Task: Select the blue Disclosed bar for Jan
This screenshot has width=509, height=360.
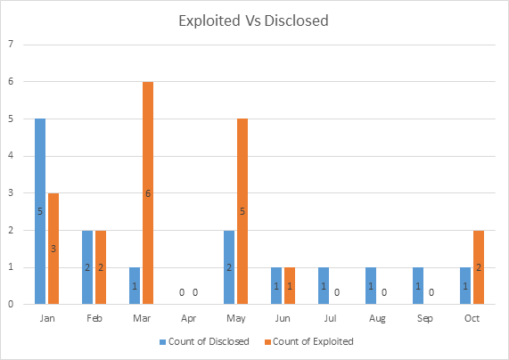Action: coord(40,211)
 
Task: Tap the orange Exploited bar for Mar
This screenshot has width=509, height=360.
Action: coord(147,192)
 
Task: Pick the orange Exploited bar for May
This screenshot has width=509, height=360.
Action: coord(242,211)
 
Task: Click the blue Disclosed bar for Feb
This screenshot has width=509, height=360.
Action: coord(87,266)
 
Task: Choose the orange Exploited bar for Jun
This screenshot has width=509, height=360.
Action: coord(290,285)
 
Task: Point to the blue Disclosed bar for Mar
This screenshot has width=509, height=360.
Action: coord(135,285)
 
